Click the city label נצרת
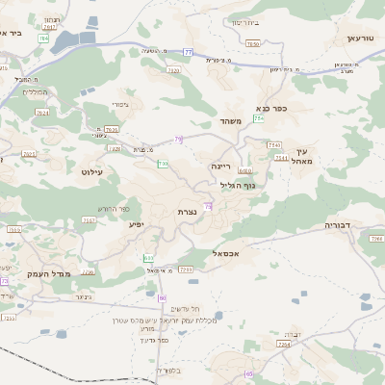coord(187,211)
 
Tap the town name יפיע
coord(136,223)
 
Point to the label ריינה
coord(221,166)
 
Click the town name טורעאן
coord(352,38)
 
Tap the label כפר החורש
coord(114,208)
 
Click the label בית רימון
coord(245,22)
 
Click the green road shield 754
coord(259,118)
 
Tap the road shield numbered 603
coord(148,258)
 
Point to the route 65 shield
coord(249,373)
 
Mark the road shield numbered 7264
coord(283,343)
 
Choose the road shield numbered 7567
coord(90,220)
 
